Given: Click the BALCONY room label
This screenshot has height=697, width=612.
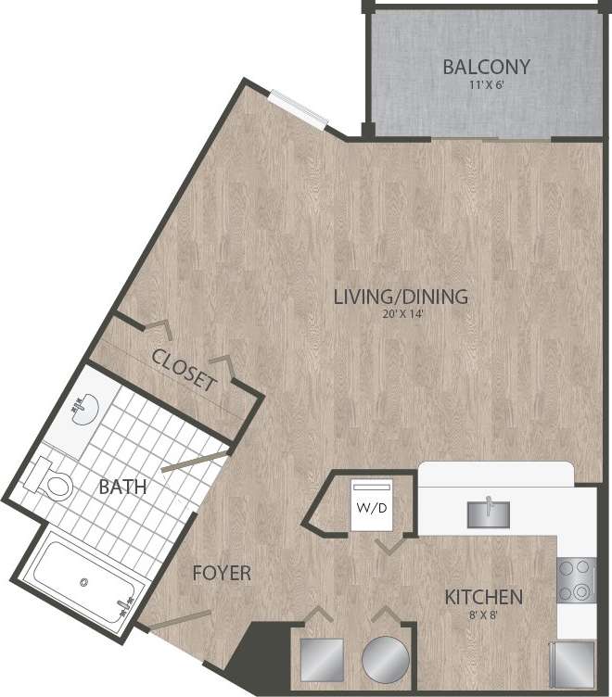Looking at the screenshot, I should tap(486, 67).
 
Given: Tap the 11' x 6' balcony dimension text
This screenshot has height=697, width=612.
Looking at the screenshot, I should tap(486, 85).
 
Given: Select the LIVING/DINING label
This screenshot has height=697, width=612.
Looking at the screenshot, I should tap(401, 298).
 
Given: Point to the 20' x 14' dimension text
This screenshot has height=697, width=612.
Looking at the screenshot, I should tap(401, 315).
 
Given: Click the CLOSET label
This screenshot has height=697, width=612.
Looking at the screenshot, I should tap(185, 369).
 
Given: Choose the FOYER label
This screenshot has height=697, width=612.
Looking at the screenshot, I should tap(222, 574).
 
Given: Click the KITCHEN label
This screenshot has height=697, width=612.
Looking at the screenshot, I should tap(482, 597).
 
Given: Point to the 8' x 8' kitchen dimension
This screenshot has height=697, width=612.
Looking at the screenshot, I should tap(482, 614).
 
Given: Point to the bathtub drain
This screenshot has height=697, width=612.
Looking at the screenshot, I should tap(85, 583).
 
